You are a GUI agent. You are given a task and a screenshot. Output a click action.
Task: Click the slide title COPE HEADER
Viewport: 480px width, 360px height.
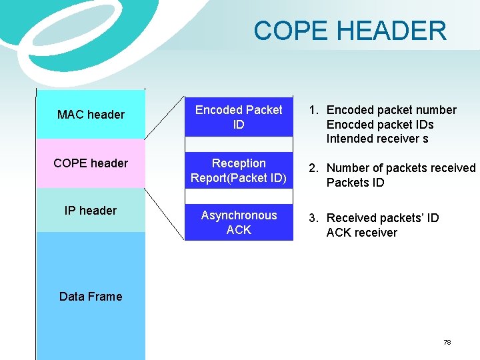tap(350, 31)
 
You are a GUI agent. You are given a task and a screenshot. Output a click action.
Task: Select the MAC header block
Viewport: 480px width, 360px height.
tap(91, 115)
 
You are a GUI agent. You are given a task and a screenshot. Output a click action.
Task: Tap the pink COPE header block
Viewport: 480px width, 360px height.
tap(91, 163)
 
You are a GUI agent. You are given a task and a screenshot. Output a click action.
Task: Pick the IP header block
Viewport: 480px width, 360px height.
tap(91, 211)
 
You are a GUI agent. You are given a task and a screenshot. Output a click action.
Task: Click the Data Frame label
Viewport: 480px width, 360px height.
tap(91, 297)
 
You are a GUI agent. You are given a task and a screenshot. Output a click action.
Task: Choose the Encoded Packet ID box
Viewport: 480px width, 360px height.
tap(239, 117)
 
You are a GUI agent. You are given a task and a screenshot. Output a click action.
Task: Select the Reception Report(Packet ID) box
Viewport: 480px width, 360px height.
tap(239, 171)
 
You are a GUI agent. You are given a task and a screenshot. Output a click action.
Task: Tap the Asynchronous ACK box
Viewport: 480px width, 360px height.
tap(239, 223)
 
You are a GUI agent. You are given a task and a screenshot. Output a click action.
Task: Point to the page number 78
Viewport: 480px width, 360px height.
tap(447, 342)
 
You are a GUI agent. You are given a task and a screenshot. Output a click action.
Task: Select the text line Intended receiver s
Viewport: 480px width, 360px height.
tap(377, 139)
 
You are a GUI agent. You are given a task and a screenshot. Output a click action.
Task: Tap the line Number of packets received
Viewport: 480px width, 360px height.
tap(401, 168)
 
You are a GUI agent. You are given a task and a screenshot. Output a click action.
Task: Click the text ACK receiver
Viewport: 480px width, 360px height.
tap(361, 233)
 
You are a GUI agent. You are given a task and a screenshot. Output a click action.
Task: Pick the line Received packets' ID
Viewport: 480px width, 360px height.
tap(383, 218)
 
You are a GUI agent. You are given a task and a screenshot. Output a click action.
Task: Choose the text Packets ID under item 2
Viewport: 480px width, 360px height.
tap(355, 183)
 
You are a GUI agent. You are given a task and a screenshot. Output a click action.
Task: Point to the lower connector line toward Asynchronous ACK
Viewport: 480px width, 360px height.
tap(165, 213)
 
